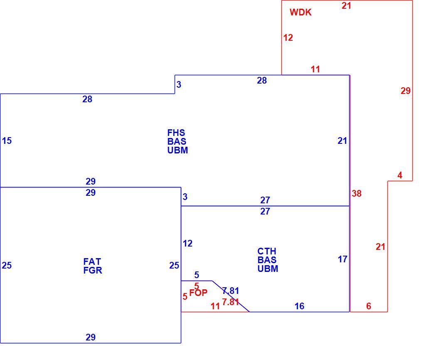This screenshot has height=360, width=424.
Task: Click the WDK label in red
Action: pos(301,12)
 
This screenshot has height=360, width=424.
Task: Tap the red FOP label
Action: pos(198,293)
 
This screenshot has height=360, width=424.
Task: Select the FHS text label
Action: pos(176,133)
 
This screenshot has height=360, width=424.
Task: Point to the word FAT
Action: pos(92,261)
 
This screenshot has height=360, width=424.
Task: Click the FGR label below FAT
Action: pos(92,270)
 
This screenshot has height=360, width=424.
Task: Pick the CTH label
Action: pos(266,251)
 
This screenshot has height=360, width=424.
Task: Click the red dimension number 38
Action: pos(357,193)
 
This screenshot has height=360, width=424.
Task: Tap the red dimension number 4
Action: pos(400,175)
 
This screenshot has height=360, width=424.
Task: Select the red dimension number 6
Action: pos(369,306)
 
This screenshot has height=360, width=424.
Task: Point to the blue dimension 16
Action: pos(299,306)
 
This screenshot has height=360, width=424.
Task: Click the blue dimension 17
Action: pos(343,259)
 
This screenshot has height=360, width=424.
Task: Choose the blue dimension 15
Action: pos(7,141)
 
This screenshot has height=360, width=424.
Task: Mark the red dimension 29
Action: pos(406,91)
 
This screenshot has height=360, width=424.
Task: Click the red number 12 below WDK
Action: pos(288,37)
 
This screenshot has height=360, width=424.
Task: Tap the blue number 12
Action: pos(187,244)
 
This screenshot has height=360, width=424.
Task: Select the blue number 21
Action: pos(343,141)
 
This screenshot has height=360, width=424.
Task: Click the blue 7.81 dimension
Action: pos(231,291)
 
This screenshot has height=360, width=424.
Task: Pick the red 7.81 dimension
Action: pos(230,301)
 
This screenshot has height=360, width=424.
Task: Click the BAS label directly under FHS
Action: pos(177,141)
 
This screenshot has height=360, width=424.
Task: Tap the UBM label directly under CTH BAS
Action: pos(268,269)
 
